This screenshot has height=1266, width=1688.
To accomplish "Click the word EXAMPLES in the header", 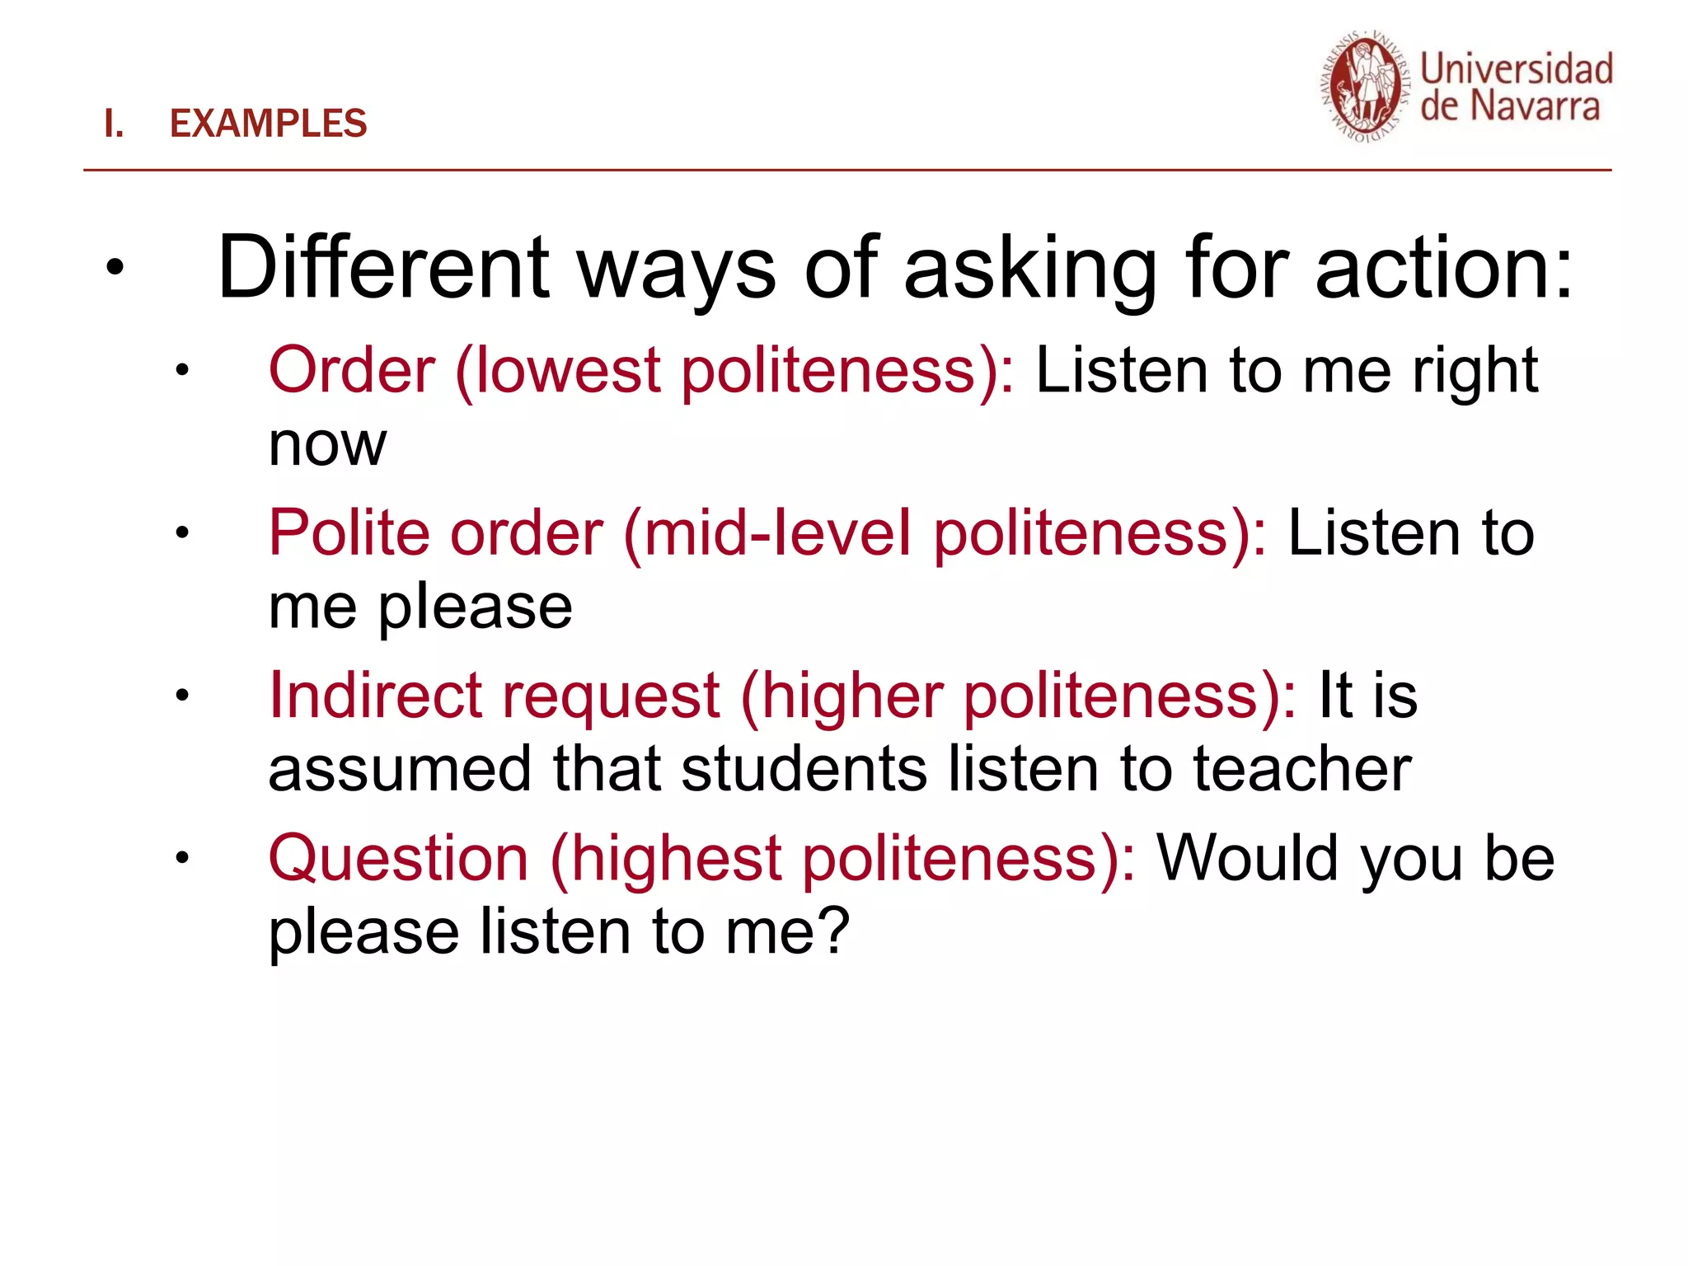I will [268, 124].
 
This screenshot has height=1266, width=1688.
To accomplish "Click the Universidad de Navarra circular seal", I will [1365, 88].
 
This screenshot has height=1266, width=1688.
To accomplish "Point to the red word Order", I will [352, 370].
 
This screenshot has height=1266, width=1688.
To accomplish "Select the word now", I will [327, 444].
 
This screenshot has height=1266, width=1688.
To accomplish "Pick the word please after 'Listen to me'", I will [476, 608].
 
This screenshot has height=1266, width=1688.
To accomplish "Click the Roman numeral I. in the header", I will [114, 124].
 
